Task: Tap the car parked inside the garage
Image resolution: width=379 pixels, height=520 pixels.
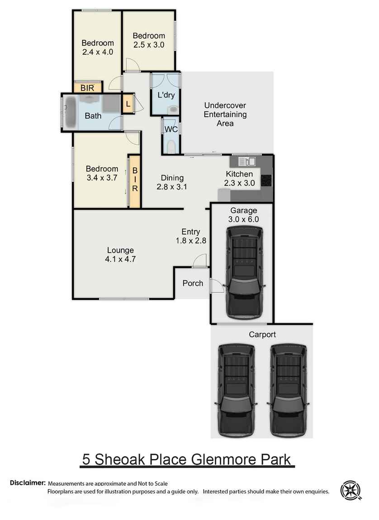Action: tap(244, 271)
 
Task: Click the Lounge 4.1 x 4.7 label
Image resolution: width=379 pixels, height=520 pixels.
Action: tap(120, 255)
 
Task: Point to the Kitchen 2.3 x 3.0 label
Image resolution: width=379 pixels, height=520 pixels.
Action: tap(239, 179)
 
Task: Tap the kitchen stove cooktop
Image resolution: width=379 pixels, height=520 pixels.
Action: tap(267, 180)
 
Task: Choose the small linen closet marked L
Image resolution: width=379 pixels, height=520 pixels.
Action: tap(128, 104)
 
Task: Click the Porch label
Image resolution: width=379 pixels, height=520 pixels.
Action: tap(193, 284)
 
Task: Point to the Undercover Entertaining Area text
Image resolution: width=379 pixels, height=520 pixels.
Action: tap(225, 114)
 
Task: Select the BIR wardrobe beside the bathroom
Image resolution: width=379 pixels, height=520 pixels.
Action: tap(87, 87)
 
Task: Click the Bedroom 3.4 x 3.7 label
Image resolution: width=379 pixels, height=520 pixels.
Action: tap(102, 173)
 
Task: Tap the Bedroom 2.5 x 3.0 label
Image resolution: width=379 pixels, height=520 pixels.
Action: tap(148, 40)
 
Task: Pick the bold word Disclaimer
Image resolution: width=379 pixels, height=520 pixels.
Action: tap(28, 483)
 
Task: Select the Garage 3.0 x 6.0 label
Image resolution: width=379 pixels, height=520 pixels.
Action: tap(244, 215)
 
